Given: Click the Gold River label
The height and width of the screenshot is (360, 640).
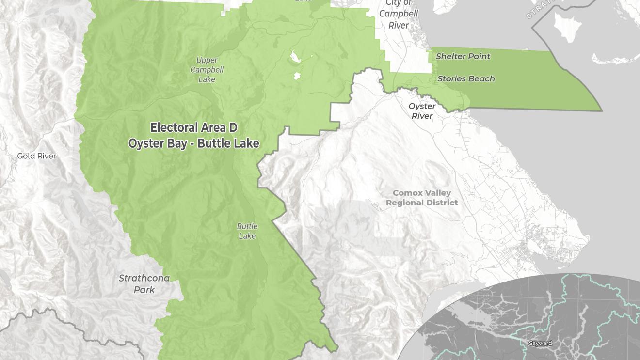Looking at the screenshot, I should [x=37, y=156].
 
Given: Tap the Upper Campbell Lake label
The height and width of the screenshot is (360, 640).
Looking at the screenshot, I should [x=207, y=70].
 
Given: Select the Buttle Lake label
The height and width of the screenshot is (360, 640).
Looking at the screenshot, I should [x=247, y=231].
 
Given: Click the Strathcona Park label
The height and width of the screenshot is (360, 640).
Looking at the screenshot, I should [x=144, y=284].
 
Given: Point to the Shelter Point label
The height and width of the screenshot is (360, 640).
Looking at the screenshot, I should [x=463, y=56].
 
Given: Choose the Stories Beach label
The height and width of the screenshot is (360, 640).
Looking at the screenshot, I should [x=466, y=78].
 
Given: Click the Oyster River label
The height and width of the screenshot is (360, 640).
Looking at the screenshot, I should [x=422, y=111].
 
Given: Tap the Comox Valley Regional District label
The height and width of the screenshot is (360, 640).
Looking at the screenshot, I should [x=422, y=198].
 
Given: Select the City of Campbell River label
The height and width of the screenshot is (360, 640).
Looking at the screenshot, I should [x=399, y=14].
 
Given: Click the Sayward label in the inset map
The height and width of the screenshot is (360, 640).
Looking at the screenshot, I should [x=540, y=343].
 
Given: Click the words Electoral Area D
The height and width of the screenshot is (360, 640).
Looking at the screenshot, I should [x=194, y=128].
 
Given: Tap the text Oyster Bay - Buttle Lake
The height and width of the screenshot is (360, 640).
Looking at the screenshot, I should [x=194, y=143].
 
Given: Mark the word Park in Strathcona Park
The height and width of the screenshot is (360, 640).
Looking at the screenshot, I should [x=144, y=290].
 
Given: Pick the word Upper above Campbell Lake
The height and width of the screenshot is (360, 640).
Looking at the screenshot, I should [x=207, y=61].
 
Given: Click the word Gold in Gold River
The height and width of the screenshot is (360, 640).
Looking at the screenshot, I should [x=27, y=156].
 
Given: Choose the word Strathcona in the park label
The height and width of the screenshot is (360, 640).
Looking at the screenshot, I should [x=144, y=278].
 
